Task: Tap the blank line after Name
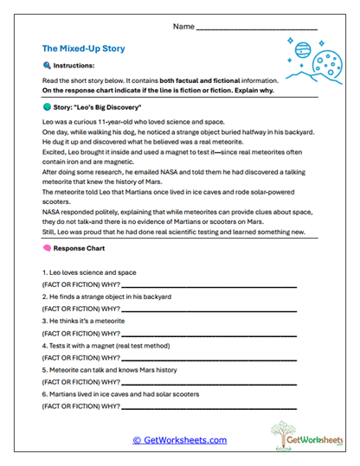pyautogui.click(x=257, y=27)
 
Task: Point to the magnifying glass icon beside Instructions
pyautogui.click(x=47, y=66)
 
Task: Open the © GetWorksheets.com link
pyautogui.click(x=179, y=440)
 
